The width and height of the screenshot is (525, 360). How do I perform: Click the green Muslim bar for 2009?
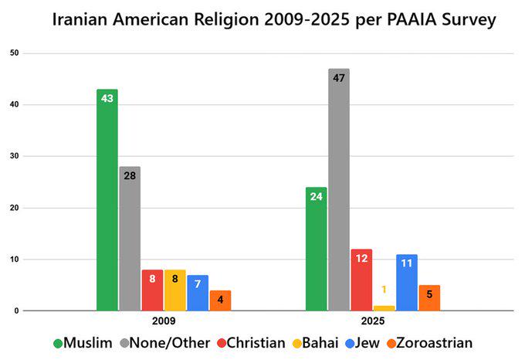click(x=107, y=200)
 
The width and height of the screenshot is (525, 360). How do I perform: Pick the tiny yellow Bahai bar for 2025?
click(x=384, y=308)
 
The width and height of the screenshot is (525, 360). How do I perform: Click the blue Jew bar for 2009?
click(x=198, y=293)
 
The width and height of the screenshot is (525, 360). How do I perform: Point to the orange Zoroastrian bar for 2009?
click(x=220, y=301)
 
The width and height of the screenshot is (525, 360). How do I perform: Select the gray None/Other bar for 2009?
click(x=130, y=239)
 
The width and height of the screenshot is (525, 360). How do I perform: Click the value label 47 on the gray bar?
click(x=338, y=77)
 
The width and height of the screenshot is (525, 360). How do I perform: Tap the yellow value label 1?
click(x=384, y=290)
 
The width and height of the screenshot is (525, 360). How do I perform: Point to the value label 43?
click(x=107, y=98)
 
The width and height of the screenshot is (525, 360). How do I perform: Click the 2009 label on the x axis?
click(x=164, y=321)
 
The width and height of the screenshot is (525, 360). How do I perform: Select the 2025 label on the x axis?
click(x=372, y=321)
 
